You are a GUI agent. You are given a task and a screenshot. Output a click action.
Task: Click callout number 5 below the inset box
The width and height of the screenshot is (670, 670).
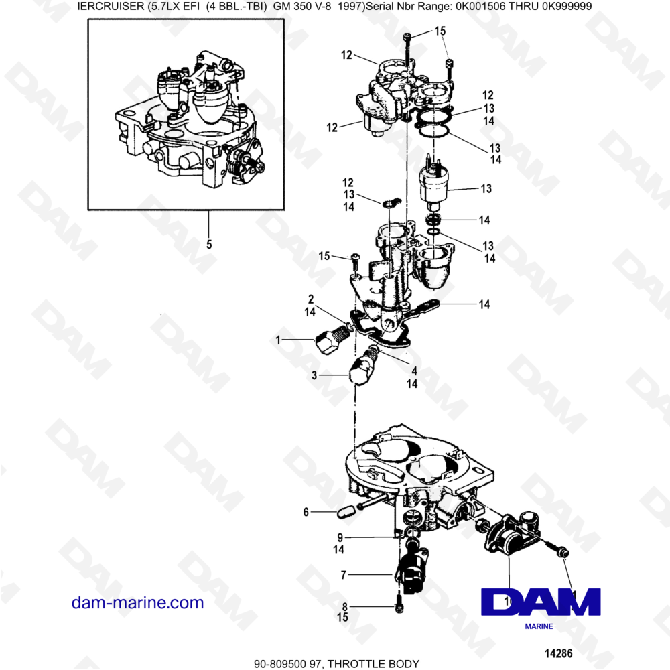tap(209, 245)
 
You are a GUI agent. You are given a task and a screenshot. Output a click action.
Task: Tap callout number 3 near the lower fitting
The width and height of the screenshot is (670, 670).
tap(314, 376)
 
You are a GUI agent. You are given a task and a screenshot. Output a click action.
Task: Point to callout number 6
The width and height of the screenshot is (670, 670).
tap(306, 512)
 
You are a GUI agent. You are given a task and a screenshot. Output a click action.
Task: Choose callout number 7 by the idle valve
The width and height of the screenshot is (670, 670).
tap(343, 575)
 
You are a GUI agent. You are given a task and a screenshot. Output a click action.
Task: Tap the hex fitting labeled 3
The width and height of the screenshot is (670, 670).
tap(362, 371)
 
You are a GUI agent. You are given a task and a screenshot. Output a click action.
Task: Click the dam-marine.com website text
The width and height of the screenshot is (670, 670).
tap(137, 602)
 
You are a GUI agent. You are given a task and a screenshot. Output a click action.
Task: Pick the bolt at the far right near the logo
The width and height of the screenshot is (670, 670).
tap(561, 550)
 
